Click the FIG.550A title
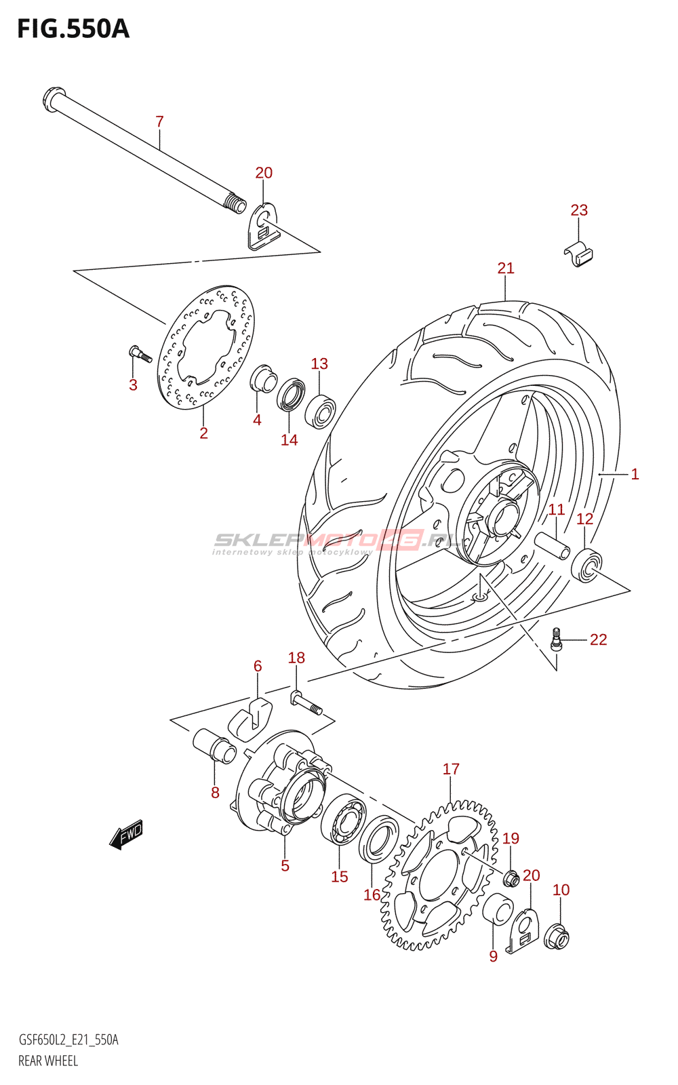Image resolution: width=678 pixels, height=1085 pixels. coord(73,28)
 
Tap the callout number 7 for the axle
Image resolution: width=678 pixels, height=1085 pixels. coord(159,122)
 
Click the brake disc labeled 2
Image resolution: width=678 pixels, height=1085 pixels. coord(205,347)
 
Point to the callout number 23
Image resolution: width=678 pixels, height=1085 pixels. coord(579,210)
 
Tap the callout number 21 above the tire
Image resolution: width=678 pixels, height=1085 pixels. coord(506,269)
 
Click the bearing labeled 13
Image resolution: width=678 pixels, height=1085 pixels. coord(320,411)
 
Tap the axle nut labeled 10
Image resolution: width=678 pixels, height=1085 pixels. coord(557,936)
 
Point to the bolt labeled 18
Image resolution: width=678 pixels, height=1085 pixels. coord(306,702)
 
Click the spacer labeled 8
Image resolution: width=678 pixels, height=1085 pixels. coord(214,746)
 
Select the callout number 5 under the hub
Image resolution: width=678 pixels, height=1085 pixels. coord(285,866)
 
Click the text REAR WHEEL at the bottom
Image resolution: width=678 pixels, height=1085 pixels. coord(48,1061)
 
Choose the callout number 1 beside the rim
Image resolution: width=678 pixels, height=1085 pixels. coord(635,474)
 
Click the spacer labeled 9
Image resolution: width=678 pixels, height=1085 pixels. coord(498,909)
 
